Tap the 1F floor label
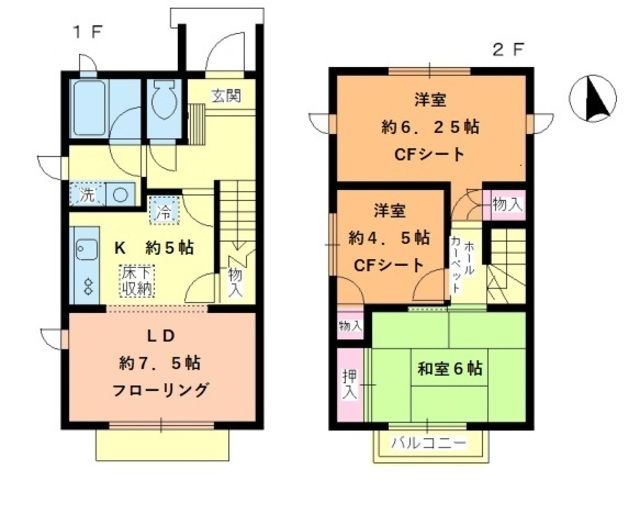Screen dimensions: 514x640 pos(84,31)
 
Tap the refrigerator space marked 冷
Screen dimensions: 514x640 pos(161,212)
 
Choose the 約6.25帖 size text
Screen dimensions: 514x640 pos(431,128)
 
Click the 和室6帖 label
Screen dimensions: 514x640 pos(450,369)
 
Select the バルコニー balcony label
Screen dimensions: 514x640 pos(429,442)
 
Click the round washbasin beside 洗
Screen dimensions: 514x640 pos(120,195)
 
